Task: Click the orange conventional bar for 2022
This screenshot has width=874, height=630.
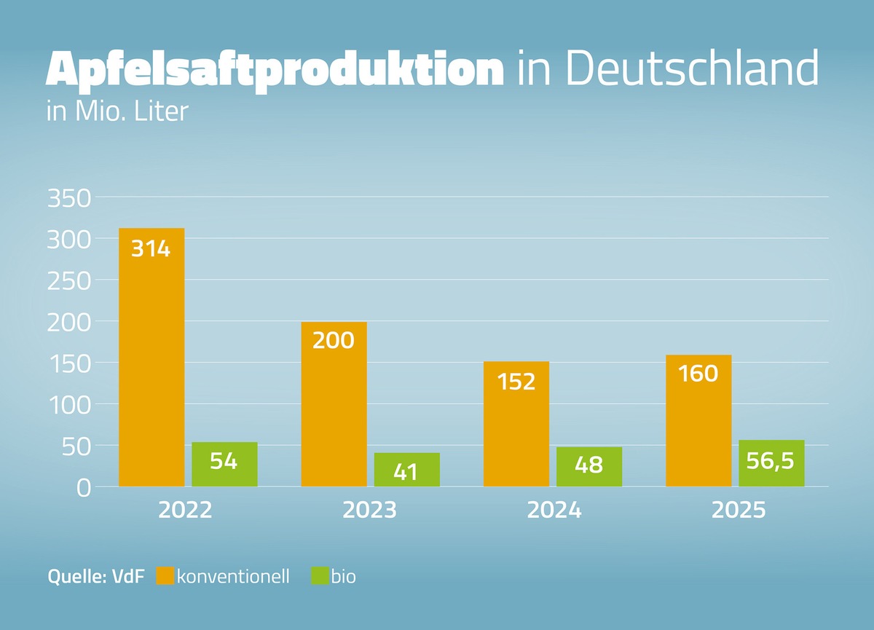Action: click(151, 357)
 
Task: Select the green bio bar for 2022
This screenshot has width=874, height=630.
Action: click(224, 464)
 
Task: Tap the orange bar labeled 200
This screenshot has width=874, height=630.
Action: click(334, 404)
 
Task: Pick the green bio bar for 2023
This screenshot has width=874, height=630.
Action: click(406, 469)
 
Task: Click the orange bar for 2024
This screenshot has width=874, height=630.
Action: click(516, 424)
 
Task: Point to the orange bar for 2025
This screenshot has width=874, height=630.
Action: click(698, 420)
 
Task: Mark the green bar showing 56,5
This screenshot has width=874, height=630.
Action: click(771, 463)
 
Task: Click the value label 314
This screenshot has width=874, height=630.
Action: click(151, 249)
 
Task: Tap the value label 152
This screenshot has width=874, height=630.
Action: click(516, 381)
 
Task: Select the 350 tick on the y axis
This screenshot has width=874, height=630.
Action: click(68, 198)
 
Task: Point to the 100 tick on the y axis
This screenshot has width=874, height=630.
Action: click(68, 405)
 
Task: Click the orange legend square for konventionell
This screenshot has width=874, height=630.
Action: click(165, 576)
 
